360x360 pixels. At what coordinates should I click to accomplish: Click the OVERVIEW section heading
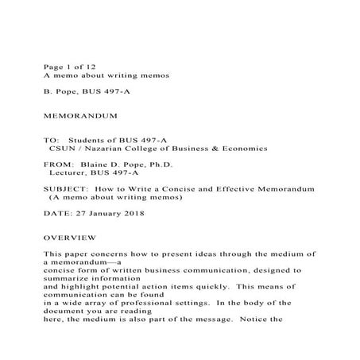(70, 238)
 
